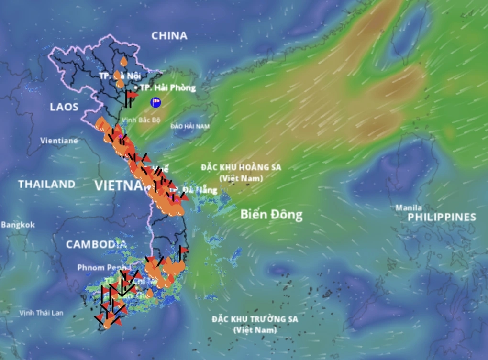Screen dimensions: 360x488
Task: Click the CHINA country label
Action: coord(169,35)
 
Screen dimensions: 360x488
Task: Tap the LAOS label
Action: coord(64,107)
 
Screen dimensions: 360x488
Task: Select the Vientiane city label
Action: coord(59,141)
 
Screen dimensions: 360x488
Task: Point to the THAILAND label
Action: coord(47,184)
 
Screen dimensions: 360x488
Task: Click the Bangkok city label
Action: coord(18,224)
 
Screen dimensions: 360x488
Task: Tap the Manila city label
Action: coord(409,207)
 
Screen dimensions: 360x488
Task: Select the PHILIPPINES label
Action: coord(442,217)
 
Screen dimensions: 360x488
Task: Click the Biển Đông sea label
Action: coord(271,215)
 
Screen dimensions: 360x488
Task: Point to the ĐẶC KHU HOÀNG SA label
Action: coord(241,168)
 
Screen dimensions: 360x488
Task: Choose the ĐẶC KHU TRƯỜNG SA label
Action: coord(255,319)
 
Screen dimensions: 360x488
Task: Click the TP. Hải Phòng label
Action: coord(168,88)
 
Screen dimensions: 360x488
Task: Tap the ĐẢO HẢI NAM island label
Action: coord(190,126)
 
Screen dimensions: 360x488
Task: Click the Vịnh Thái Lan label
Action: coord(41,313)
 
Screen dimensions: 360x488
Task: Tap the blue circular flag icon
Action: coord(155,102)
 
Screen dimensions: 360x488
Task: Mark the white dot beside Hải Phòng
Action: coord(136,88)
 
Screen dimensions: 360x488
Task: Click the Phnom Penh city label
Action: coord(103,267)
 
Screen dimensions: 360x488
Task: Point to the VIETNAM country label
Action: coord(120,185)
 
